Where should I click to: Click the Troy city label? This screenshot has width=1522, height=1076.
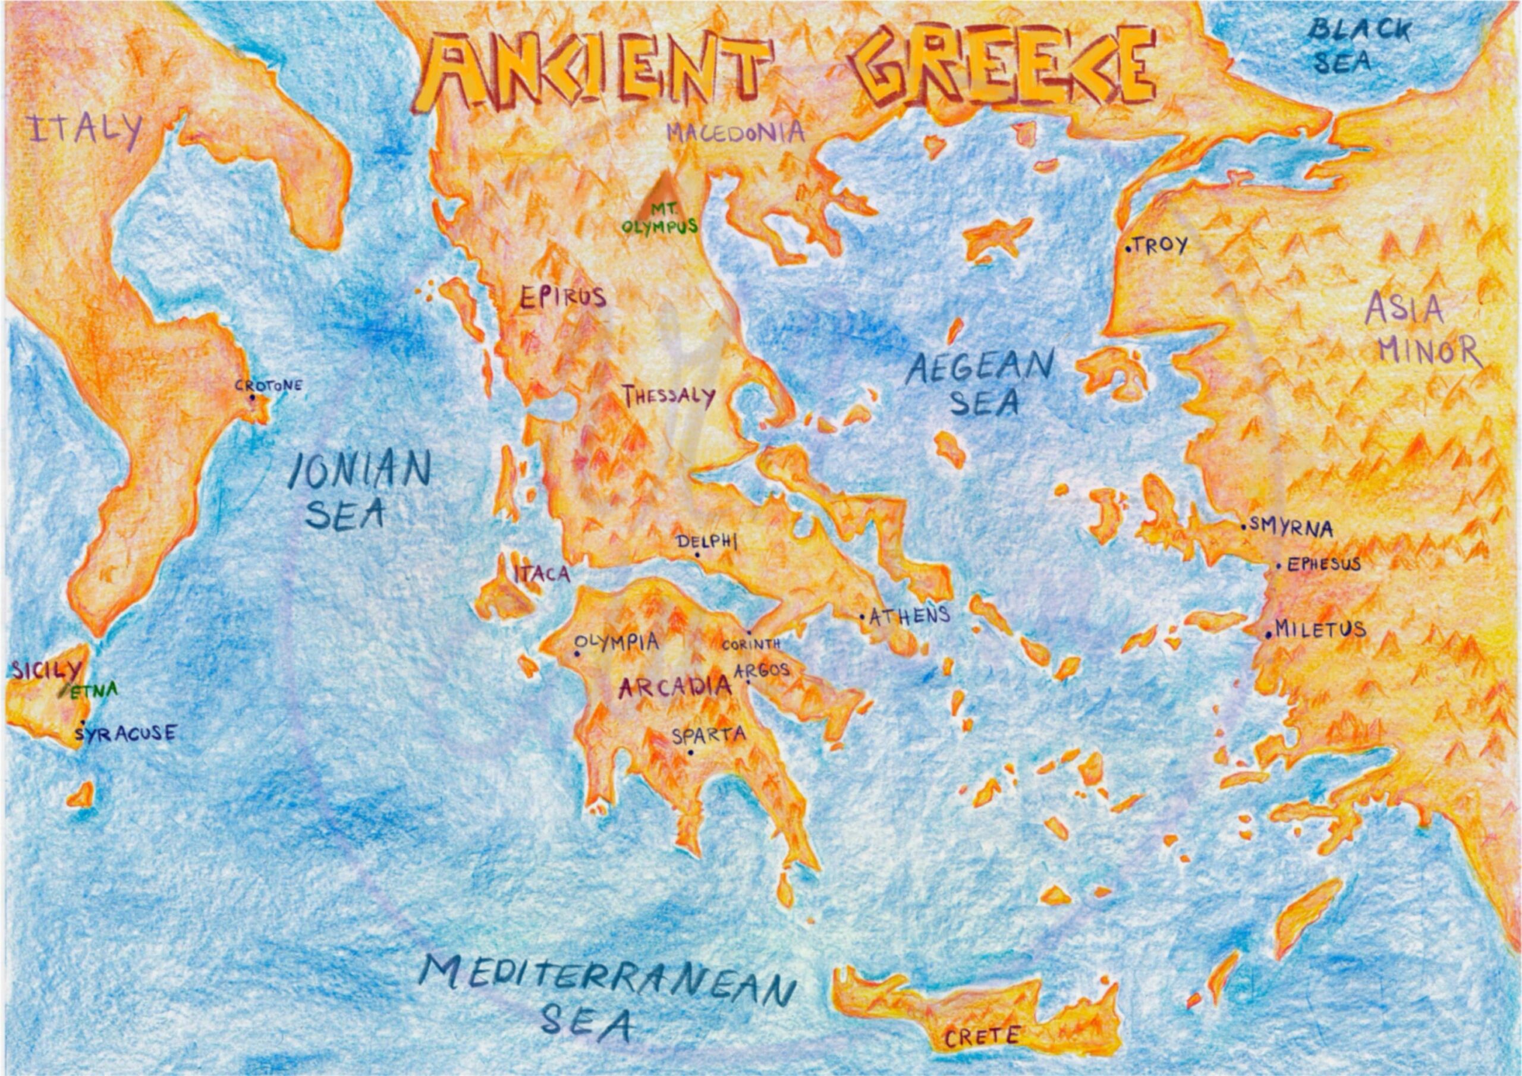click(x=1159, y=246)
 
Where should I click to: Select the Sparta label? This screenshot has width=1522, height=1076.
click(x=709, y=735)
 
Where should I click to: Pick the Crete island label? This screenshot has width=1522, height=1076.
click(x=982, y=1036)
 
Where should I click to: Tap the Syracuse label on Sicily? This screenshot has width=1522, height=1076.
click(x=125, y=733)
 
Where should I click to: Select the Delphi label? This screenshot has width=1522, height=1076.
click(x=707, y=542)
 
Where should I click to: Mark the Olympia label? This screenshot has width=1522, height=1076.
click(x=617, y=642)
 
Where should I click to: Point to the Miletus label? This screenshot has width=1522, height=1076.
click(x=1320, y=629)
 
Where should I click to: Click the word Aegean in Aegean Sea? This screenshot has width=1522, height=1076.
click(x=980, y=368)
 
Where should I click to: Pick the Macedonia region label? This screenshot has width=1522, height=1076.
click(x=735, y=133)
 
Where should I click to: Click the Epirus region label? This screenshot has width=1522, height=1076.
click(x=563, y=298)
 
